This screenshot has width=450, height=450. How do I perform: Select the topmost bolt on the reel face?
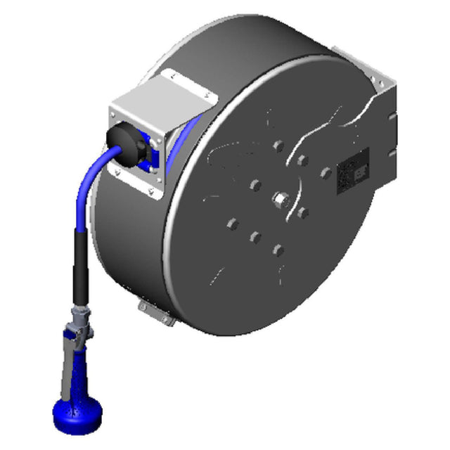pyautogui.click(x=278, y=146)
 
